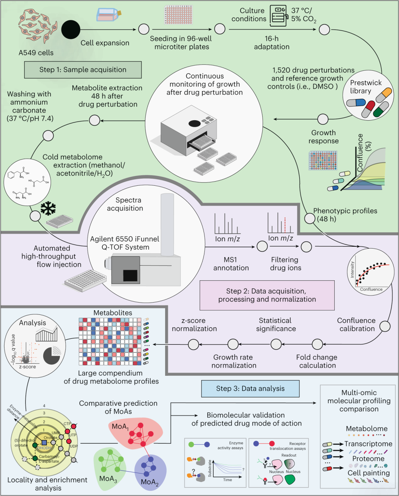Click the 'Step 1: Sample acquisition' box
(83, 70)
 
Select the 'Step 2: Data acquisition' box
(267, 295)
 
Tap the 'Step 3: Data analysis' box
(250, 388)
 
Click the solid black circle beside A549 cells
(71, 30)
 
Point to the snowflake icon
(48, 209)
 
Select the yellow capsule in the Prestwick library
(384, 95)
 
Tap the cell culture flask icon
(108, 15)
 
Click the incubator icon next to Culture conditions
(278, 16)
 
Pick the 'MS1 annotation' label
(231, 264)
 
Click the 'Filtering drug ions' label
(285, 264)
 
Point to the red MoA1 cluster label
(120, 427)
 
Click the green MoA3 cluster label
(108, 479)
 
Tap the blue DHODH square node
(44, 442)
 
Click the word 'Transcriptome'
(368, 444)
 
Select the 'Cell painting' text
(368, 473)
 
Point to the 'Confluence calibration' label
(356, 324)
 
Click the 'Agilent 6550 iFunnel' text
(125, 239)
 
